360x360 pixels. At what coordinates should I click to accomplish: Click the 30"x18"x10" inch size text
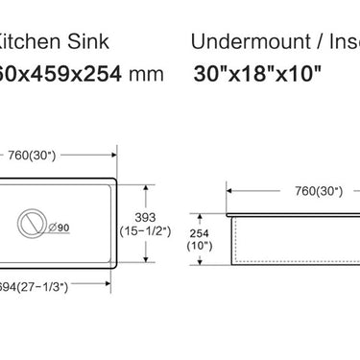pyautogui.click(x=256, y=73)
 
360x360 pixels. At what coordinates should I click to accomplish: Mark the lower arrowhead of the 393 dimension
pyautogui.click(x=145, y=259)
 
